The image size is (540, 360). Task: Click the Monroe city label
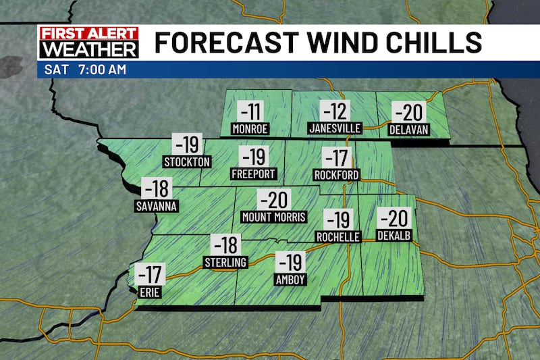(x=250, y=128)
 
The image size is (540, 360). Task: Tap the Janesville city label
(x=335, y=128)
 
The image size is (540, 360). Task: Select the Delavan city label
(x=409, y=128)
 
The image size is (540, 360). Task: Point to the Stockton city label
(x=188, y=161)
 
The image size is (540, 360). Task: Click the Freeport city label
(x=254, y=174)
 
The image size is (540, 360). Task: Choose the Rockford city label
(x=336, y=175)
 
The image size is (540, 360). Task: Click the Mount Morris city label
(x=274, y=217)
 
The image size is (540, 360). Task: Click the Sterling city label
(x=225, y=261)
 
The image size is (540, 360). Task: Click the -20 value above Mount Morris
(x=273, y=199)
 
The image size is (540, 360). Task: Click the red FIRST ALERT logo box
(x=88, y=33)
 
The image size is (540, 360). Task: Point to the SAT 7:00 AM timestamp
(x=78, y=70)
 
